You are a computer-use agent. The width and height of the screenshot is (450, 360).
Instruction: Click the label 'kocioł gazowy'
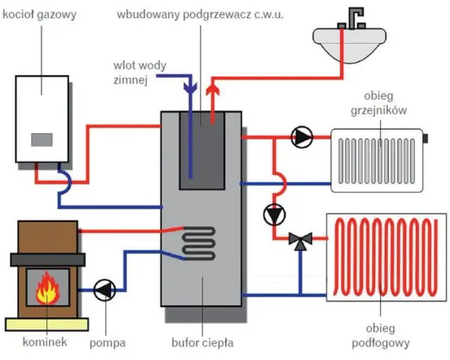click(x=40, y=14)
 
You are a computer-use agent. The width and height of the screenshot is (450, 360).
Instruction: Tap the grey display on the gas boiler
click(x=42, y=139)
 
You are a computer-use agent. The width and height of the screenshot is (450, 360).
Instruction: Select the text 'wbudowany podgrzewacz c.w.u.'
click(x=200, y=15)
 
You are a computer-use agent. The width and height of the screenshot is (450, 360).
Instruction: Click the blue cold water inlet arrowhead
click(x=190, y=87)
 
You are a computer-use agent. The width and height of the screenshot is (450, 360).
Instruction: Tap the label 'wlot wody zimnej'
click(x=139, y=73)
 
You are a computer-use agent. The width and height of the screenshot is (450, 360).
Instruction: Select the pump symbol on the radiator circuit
click(x=301, y=137)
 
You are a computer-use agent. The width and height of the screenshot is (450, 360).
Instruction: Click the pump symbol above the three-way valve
click(x=274, y=214)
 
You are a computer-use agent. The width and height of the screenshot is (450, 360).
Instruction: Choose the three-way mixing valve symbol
click(x=301, y=240)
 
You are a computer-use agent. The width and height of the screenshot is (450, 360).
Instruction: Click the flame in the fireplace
click(x=48, y=288)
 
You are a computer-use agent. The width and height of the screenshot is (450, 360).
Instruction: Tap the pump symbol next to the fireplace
click(x=105, y=290)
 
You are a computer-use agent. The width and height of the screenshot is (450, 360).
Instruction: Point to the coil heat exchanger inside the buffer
click(x=199, y=243)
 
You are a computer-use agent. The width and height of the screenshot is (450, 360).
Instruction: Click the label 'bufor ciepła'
click(x=202, y=343)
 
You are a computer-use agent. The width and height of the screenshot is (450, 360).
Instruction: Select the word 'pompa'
click(x=107, y=343)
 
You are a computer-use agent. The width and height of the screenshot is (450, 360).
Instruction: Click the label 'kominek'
click(x=45, y=342)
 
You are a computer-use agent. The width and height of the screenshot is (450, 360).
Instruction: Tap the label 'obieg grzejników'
click(x=379, y=103)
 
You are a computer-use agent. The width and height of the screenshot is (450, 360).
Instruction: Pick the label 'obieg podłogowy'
click(x=380, y=335)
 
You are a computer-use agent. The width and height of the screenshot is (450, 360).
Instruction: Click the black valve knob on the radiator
click(x=425, y=138)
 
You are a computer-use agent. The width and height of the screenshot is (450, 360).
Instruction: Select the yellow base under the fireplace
click(x=46, y=325)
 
